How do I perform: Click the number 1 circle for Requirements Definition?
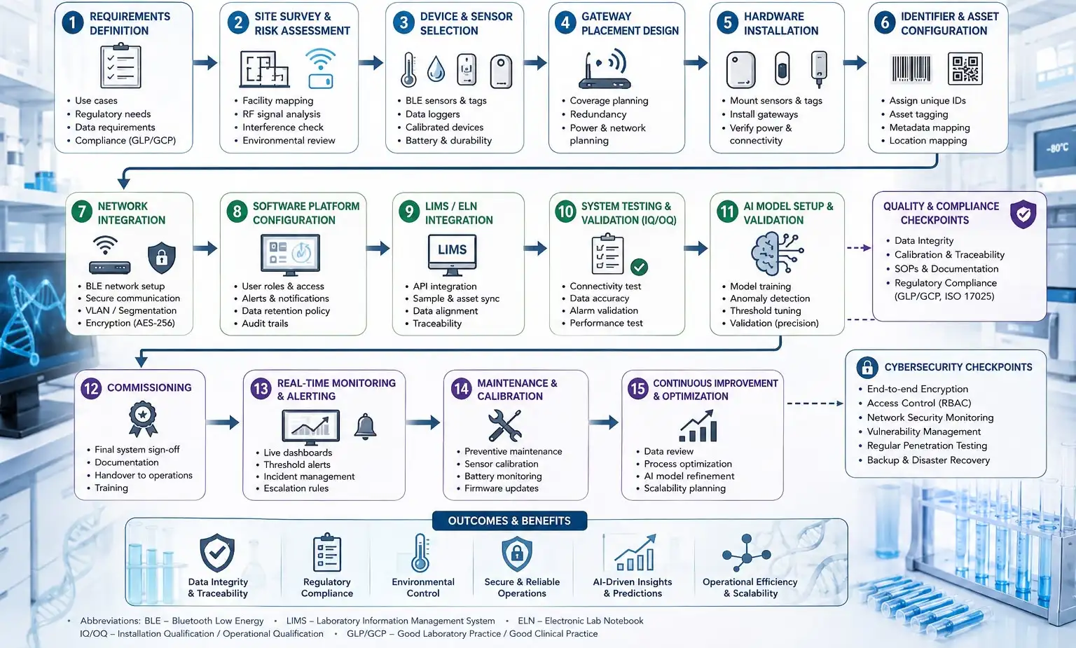[73, 23]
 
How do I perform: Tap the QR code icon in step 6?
[965, 69]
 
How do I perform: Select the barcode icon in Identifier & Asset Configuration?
[911, 69]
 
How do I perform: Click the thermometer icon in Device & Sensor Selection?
[409, 69]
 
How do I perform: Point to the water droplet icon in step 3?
[436, 69]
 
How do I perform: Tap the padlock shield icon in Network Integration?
[161, 257]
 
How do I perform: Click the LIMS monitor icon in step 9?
[452, 254]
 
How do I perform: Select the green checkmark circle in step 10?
[639, 267]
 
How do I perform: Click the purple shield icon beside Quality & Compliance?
[1023, 214]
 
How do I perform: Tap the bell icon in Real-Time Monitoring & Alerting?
[365, 426]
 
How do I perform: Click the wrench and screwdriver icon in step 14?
[504, 426]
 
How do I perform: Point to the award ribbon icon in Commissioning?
[143, 419]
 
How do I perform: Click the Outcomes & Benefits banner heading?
[509, 521]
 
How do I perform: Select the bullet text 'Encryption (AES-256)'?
[130, 323]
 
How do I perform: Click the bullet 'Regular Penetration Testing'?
[927, 446]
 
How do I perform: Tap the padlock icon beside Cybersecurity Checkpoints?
[867, 368]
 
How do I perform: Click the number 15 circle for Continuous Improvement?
[638, 388]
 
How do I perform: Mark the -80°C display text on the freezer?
[1057, 148]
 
